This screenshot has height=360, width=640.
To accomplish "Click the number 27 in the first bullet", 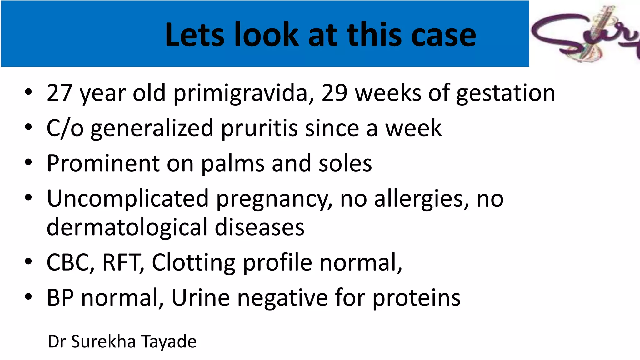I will (x=60, y=93).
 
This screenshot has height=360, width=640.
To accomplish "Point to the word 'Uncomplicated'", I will (x=127, y=199).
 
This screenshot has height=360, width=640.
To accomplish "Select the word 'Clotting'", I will (x=193, y=262).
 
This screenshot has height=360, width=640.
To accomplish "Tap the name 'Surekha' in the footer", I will (x=103, y=341).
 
